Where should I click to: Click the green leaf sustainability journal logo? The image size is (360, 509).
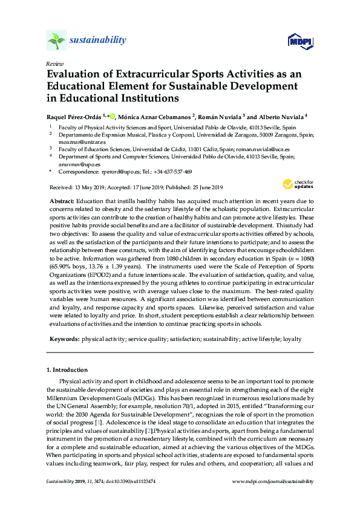click(57, 41)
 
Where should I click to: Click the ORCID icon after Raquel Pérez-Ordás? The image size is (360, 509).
click(112, 115)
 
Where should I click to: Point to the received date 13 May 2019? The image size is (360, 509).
click(93, 187)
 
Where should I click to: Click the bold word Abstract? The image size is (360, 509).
click(61, 199)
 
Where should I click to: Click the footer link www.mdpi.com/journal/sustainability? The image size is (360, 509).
click(273, 481)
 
